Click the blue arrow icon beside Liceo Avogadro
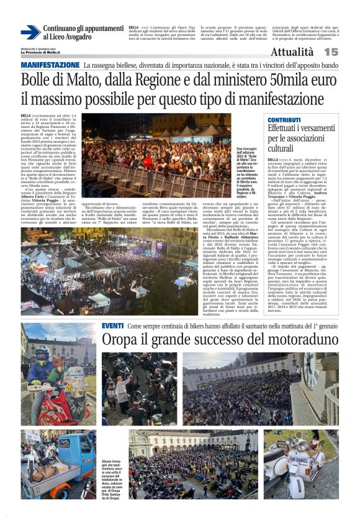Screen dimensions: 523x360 30,33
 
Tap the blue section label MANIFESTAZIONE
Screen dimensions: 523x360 50,65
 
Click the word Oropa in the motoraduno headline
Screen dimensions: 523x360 121,340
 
